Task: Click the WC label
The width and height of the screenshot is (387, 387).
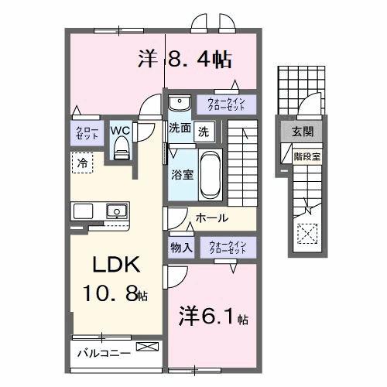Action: [120, 130]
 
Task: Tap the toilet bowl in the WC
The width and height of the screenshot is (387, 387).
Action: [120, 151]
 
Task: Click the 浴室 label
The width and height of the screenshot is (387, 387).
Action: [181, 175]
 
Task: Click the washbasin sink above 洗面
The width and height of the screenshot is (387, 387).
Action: [180, 103]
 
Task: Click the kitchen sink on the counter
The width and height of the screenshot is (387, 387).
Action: [117, 211]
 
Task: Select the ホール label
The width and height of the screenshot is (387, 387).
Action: [211, 219]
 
